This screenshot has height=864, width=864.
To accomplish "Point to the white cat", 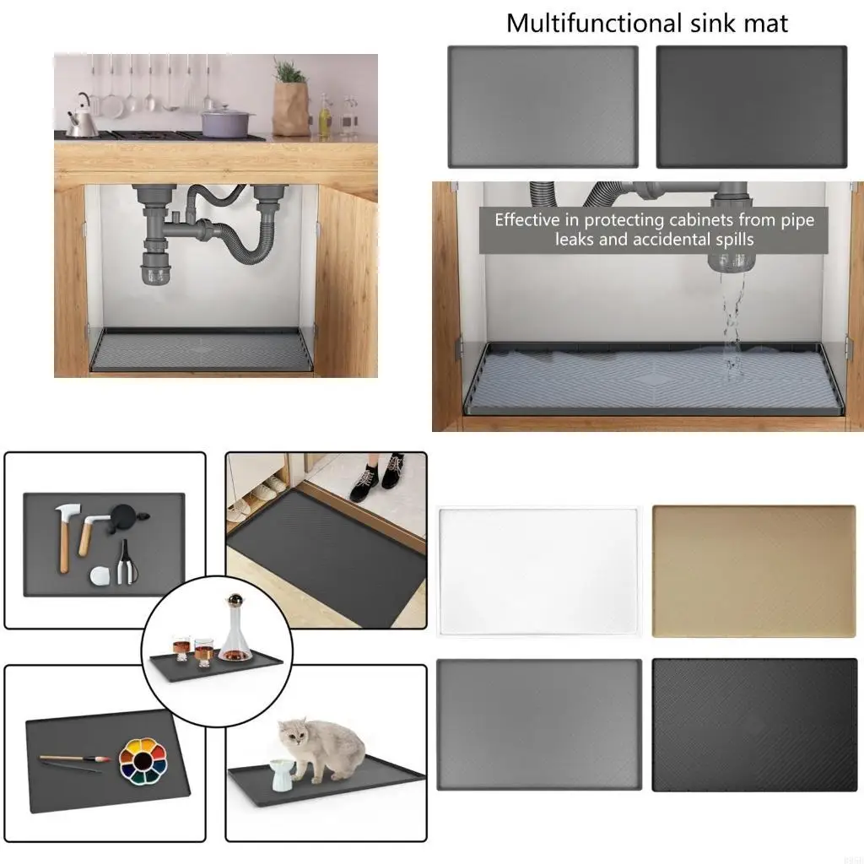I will pos(324,746).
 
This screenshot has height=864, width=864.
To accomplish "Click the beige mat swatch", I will pos(753,572).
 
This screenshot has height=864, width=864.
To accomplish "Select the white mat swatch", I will pos(539,572).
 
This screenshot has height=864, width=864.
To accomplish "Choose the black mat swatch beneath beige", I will pos(753,725).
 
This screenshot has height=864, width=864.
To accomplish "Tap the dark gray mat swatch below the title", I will pos(751,106).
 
